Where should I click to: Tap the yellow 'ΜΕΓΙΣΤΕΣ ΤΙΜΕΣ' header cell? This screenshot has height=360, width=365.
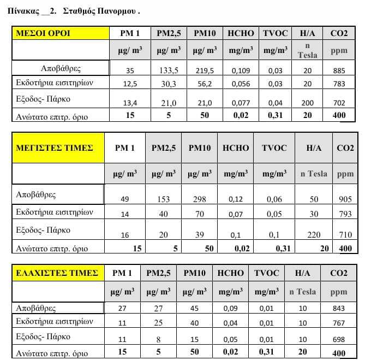coord(58,147)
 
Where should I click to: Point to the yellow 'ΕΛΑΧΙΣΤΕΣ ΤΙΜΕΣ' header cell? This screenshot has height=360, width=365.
coord(58,273)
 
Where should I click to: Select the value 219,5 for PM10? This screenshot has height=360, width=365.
coord(205,71)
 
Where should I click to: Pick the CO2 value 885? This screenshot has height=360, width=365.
coord(339,71)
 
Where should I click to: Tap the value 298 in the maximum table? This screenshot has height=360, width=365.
coord(199,199)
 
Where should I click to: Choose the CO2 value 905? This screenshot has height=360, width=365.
coord(345,199)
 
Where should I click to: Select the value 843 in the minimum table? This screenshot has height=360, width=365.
coord(338,309)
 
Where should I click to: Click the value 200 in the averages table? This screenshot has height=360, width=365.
coord(308,103)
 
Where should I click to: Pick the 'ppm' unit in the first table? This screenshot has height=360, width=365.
coord(339,51)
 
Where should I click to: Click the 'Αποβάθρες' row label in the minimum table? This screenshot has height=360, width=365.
coord(36,308)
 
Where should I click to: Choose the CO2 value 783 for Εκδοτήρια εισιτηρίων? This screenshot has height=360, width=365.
coord(339,84)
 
